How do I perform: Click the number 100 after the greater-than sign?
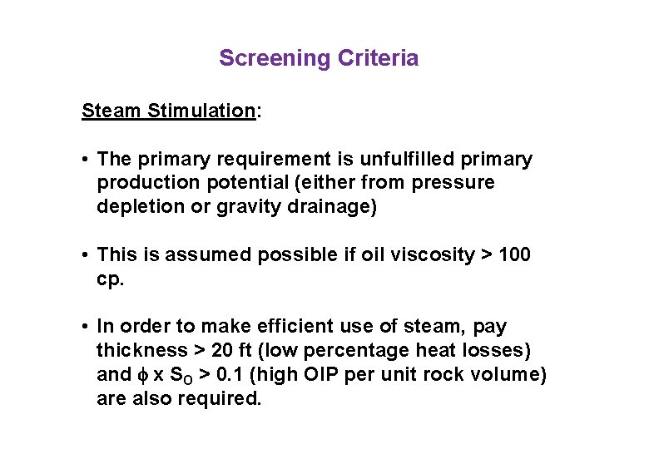coord(514,255)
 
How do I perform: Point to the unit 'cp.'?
coord(110,279)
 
